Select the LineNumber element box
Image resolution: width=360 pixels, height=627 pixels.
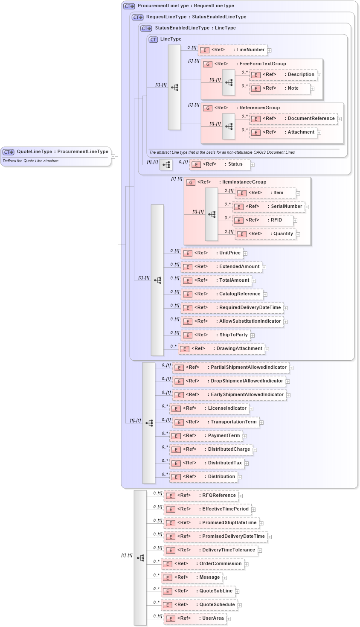233,50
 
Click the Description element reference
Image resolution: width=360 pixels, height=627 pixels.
283,75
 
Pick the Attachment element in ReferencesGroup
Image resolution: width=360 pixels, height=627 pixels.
283,132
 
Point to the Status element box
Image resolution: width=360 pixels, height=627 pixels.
220,164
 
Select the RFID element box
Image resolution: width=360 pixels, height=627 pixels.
263,220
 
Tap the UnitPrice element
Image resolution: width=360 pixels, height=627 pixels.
212,253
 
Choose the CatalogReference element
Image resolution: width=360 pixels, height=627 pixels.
222,294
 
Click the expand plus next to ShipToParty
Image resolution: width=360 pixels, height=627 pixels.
253,335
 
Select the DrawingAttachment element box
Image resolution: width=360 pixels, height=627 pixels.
222,349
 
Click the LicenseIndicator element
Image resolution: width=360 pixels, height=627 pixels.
209,408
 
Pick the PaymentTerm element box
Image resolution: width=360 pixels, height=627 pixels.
206,436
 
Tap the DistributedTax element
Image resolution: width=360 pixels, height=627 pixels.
207,463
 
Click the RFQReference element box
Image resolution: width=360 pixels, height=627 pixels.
201,496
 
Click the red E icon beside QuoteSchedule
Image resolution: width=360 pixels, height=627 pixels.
168,605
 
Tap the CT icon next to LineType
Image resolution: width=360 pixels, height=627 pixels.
154,39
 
